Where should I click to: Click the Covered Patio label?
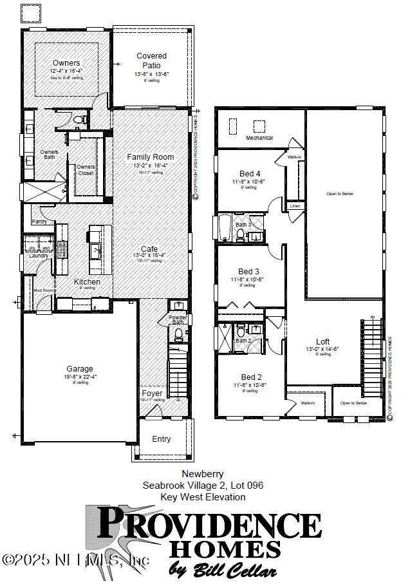tap(152, 61)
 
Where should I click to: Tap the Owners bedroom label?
tap(66, 63)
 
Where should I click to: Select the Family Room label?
tap(150, 157)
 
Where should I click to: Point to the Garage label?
tap(80, 369)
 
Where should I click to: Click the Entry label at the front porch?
tap(162, 439)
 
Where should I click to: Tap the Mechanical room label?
tap(259, 138)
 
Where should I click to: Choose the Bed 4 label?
tap(250, 174)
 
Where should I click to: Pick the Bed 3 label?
tap(249, 272)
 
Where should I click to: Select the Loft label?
tap(323, 342)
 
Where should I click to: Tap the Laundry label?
tap(39, 256)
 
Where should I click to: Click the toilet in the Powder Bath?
tap(179, 334)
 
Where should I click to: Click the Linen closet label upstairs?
tap(295, 206)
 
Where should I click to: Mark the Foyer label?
tap(153, 393)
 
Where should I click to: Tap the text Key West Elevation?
tap(203, 497)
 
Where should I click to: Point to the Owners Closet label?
tap(86, 170)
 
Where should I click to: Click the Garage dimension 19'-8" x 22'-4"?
tap(80, 377)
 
